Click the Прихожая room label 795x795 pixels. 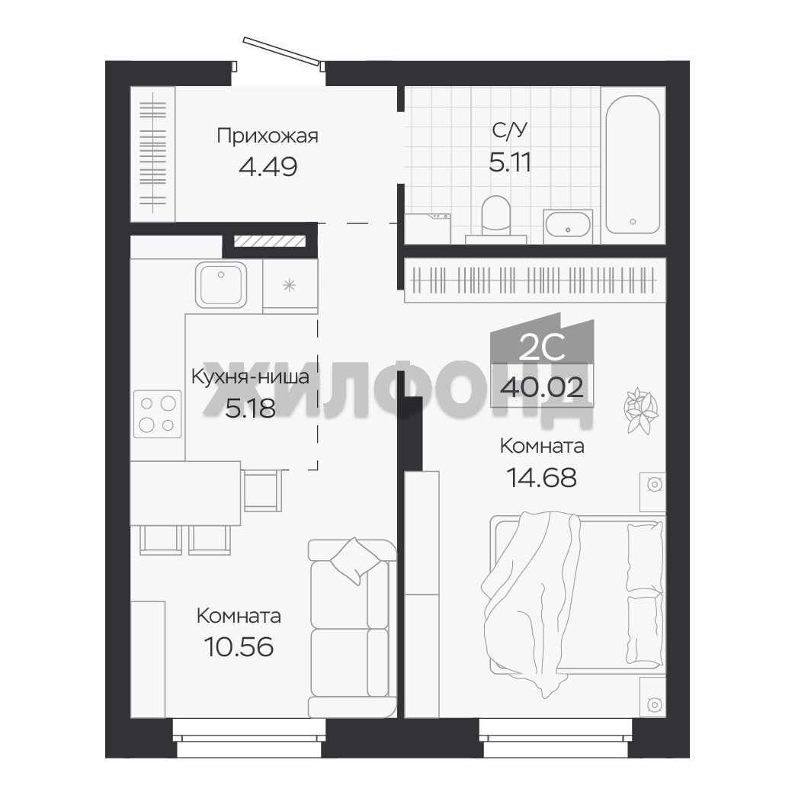click(x=268, y=136)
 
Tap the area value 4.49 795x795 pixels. click(x=268, y=166)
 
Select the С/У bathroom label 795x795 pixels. click(x=510, y=131)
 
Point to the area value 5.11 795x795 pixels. click(x=510, y=162)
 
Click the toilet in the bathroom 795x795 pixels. click(x=495, y=218)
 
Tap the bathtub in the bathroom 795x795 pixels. click(x=633, y=165)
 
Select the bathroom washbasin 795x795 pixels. click(x=568, y=225)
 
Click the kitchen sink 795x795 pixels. click(x=221, y=284)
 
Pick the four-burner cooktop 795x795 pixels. click(x=157, y=414)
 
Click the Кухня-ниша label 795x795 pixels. click(x=250, y=377)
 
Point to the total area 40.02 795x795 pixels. click(x=541, y=388)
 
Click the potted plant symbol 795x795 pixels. click(x=641, y=410)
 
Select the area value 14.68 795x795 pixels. click(x=541, y=477)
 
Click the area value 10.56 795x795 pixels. click(x=239, y=646)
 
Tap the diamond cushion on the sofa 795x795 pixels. click(x=355, y=561)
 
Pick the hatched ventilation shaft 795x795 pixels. click(x=270, y=241)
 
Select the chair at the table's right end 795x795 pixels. click(x=262, y=490)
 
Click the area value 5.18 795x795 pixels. click(x=250, y=408)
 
